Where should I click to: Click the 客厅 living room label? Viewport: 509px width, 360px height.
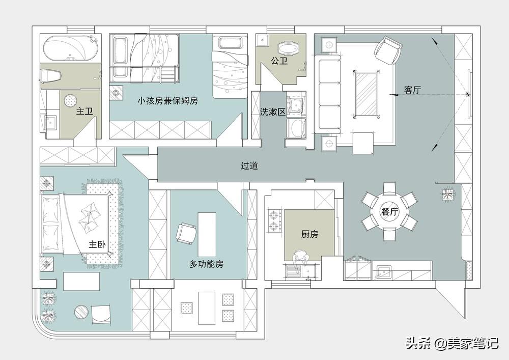[412, 90]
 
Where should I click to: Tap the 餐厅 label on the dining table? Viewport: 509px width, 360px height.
[389, 212]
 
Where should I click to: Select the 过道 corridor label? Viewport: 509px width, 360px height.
[249, 166]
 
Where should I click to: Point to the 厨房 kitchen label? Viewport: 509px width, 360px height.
[309, 234]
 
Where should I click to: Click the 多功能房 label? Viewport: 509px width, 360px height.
[207, 264]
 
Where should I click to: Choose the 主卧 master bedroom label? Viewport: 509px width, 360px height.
[97, 244]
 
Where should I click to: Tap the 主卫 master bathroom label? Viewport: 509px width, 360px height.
[84, 112]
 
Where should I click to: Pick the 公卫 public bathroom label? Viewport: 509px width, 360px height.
[279, 61]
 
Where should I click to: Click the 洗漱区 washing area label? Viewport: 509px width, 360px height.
[273, 112]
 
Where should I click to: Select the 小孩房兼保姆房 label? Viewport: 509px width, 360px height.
[167, 101]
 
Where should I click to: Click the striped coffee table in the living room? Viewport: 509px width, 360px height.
[366, 94]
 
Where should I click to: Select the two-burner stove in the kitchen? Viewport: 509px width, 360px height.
[274, 220]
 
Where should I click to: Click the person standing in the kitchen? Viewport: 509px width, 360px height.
[301, 259]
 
